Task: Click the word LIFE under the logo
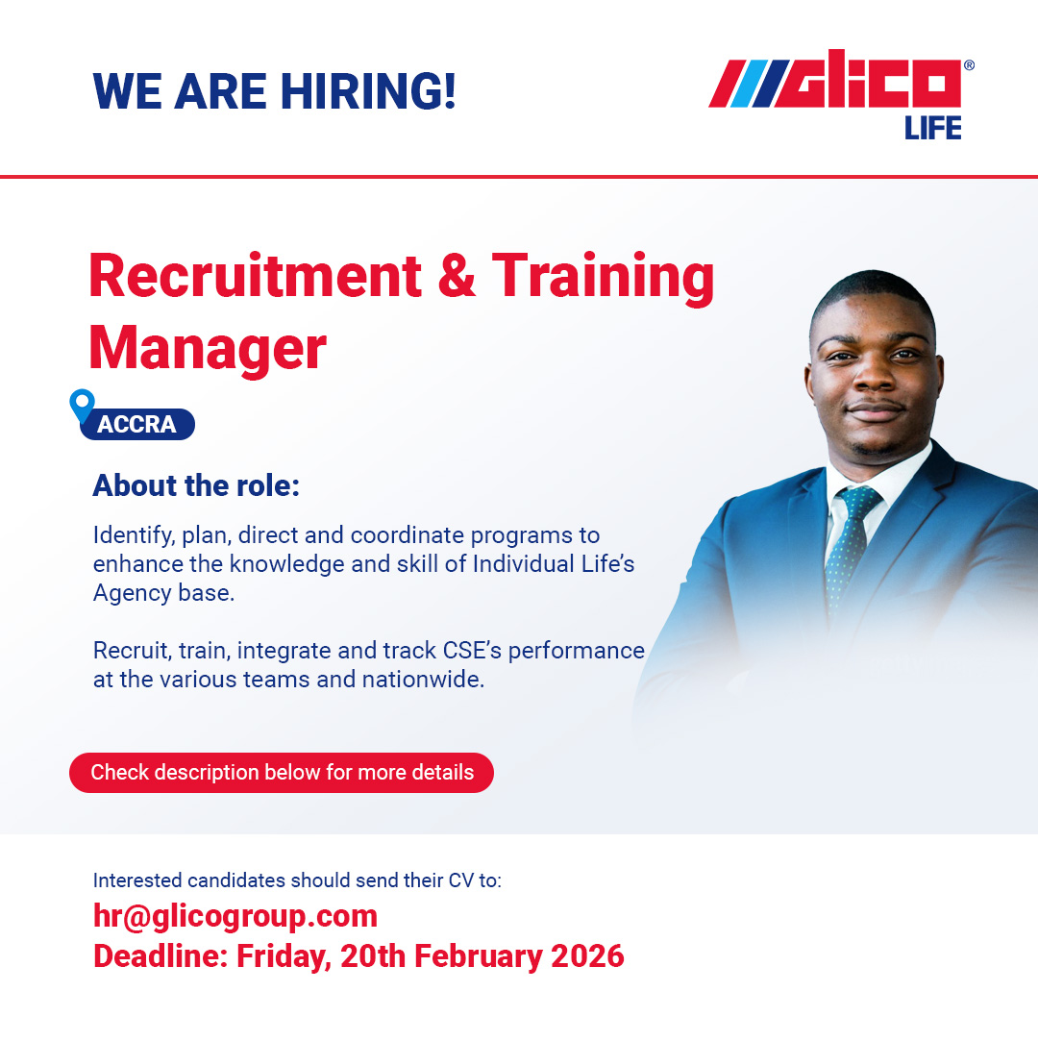coord(932,128)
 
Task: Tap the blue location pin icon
coord(83,405)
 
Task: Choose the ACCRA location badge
coord(137,425)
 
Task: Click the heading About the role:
coord(196,486)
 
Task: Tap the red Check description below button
coord(282,773)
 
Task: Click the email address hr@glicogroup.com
coord(235,915)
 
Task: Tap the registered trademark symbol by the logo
coord(968,65)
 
